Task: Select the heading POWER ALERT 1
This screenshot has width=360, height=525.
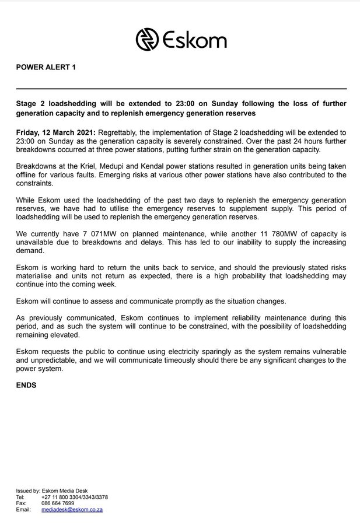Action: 46,68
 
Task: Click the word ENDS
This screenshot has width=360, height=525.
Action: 26,385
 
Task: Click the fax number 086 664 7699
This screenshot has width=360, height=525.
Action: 58,503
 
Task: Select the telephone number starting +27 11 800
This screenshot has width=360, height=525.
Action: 75,497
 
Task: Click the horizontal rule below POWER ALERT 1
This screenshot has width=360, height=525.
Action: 181,89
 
